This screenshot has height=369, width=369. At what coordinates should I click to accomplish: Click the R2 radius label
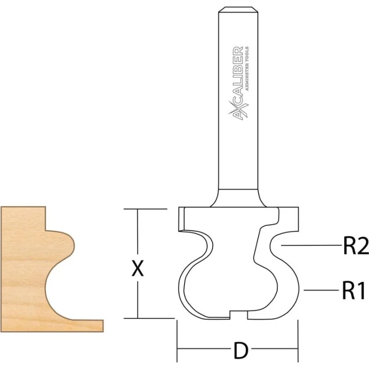356,245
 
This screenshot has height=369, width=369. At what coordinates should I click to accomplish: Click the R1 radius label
355,291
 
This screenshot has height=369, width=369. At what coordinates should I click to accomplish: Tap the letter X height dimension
137,268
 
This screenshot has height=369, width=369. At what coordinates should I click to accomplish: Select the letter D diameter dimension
241,351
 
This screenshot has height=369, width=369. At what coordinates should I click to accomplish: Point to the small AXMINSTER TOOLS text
247,68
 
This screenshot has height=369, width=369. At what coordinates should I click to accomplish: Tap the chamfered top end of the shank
238,9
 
